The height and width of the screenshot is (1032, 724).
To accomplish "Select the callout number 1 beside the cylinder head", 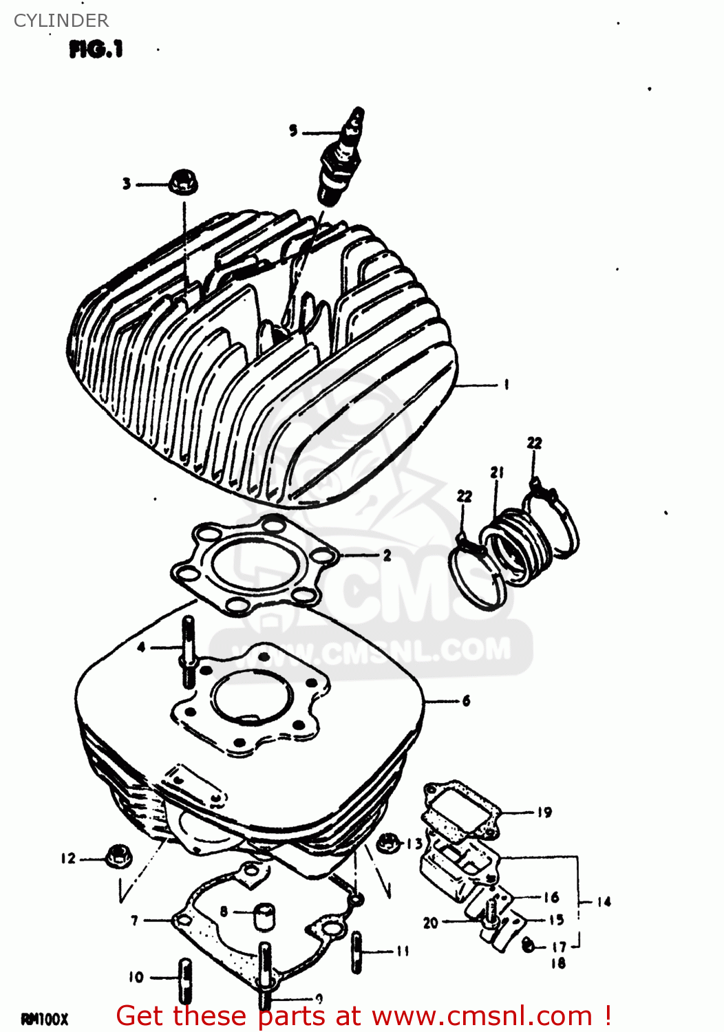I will click(507, 385).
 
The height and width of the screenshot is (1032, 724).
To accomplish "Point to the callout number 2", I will click(387, 555).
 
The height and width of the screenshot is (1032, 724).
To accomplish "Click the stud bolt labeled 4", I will click(188, 650).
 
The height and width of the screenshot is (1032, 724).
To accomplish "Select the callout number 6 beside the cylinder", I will click(467, 701).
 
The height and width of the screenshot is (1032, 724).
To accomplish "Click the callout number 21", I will click(497, 473).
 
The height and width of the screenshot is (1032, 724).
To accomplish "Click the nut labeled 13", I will click(389, 841).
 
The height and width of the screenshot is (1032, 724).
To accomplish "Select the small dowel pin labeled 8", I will click(263, 916).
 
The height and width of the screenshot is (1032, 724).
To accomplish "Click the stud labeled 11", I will click(356, 952).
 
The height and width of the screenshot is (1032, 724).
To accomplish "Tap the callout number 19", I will click(544, 813).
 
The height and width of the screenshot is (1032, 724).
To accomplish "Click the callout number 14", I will click(604, 901).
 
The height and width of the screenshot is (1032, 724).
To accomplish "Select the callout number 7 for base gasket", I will click(135, 920).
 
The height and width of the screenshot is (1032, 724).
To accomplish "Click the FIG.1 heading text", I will click(96, 50).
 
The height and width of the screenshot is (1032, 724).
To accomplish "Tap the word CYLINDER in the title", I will click(61, 21).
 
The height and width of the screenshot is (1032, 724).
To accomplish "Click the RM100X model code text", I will click(45, 1019).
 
